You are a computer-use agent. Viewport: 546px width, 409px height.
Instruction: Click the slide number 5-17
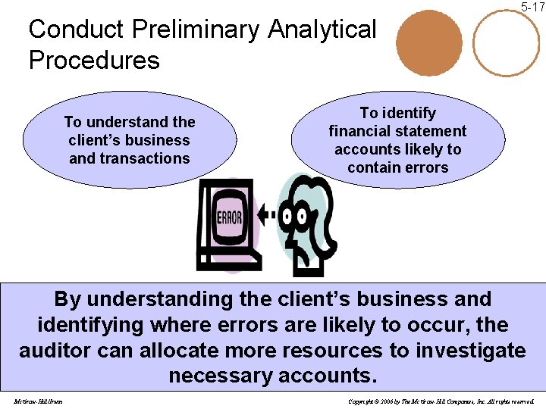pos(532,7)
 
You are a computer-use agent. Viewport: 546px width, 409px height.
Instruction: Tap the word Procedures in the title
pos(94,60)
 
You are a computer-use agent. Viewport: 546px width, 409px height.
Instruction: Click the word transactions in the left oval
pos(129,158)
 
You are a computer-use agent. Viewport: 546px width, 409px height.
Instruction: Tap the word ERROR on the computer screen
pos(229,218)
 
